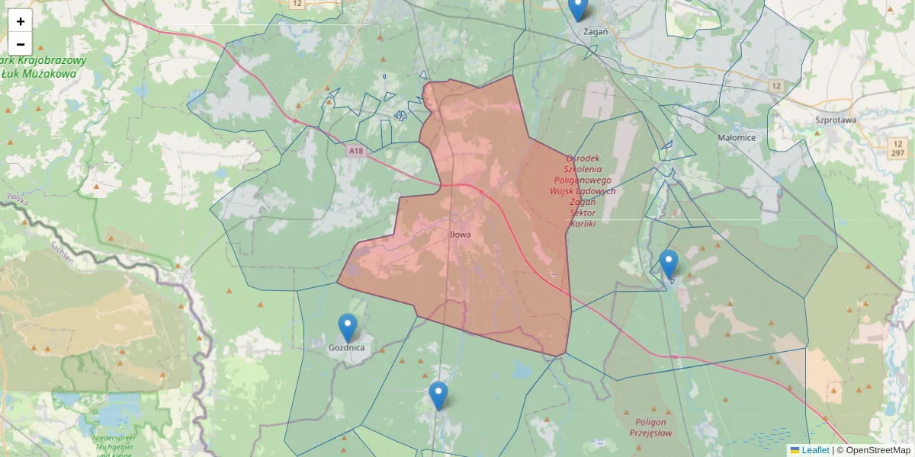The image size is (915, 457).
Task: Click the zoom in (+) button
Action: pos(21,21)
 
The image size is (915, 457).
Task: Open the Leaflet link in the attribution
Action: pos(815,450)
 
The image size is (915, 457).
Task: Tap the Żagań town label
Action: pos(595,32)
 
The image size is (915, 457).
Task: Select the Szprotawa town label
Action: pos(836,120)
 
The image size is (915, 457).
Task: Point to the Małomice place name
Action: pos(737,138)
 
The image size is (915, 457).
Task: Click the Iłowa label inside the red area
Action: pos(461,235)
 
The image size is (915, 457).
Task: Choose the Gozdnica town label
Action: pos(346,347)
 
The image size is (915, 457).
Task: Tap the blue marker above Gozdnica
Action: pos(347,328)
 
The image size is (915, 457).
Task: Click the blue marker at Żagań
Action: pos(578,8)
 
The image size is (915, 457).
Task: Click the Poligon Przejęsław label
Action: pos(649,427)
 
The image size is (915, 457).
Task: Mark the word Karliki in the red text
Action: pos(583,223)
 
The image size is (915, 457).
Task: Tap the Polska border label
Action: pos(16,200)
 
